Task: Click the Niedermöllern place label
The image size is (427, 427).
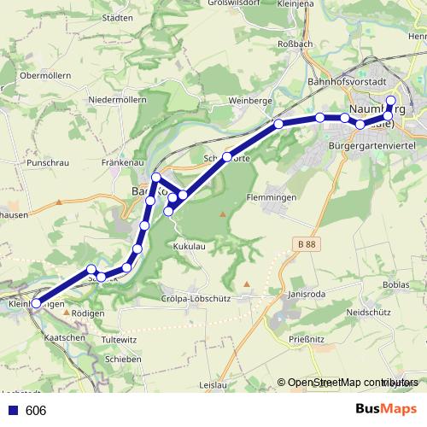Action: click(x=118, y=100)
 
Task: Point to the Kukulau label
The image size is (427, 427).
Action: click(x=190, y=245)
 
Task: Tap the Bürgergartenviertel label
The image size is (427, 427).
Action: click(x=372, y=147)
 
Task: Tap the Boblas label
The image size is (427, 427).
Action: click(x=397, y=284)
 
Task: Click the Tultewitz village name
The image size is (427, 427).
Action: click(x=119, y=339)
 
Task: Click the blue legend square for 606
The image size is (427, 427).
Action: click(x=11, y=410)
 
